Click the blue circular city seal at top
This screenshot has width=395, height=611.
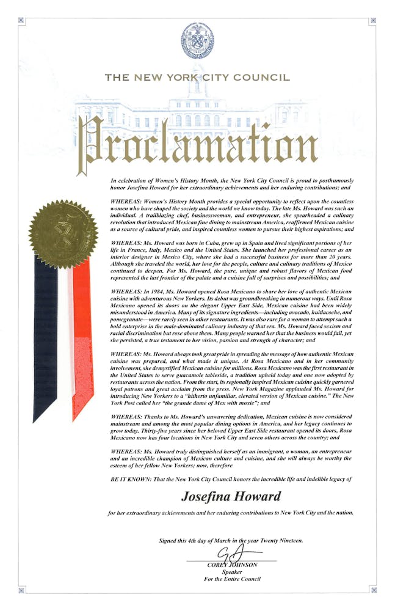point(197,41)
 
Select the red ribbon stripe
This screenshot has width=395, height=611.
point(82,342)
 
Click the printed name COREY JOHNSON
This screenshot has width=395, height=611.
point(232,565)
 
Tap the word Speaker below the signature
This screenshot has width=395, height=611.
point(232,572)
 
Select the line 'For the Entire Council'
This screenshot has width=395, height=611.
point(232,579)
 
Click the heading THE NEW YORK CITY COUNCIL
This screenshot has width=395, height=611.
point(197,78)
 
